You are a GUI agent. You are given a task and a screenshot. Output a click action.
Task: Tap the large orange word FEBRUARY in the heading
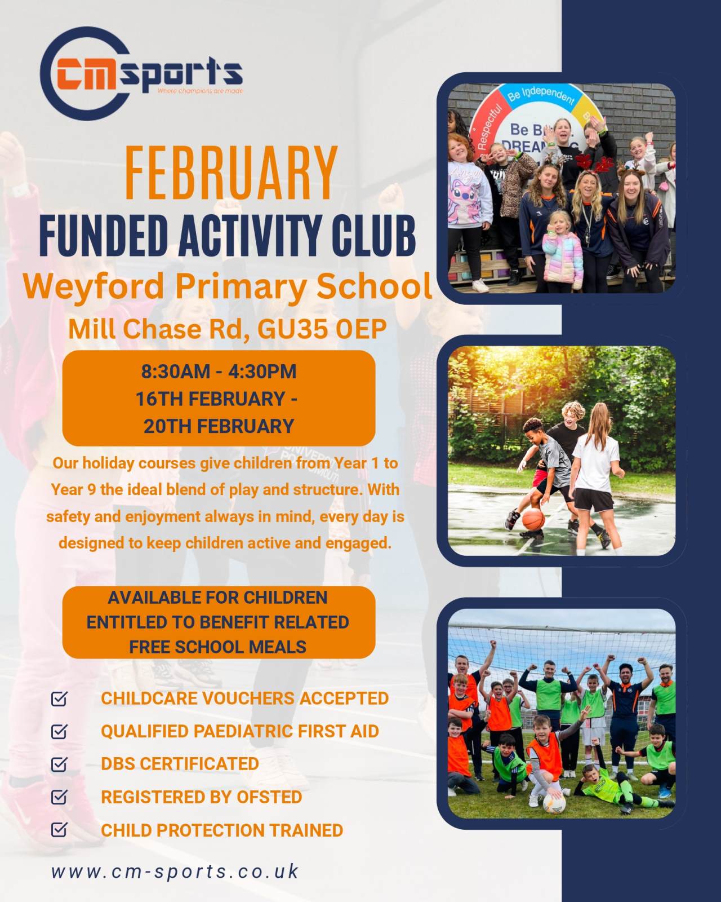[232, 173]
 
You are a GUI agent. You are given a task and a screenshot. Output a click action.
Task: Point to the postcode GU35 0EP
[322, 329]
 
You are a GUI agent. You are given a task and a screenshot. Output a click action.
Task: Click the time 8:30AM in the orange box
[176, 372]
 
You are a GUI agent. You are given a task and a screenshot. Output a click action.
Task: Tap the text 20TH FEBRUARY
[219, 426]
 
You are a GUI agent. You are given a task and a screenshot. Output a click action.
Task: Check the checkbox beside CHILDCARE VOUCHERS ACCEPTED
[59, 698]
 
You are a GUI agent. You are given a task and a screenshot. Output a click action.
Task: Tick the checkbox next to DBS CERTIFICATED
[59, 764]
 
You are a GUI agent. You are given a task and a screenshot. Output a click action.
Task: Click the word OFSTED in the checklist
[269, 797]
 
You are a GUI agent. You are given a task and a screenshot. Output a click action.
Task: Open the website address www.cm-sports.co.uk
[175, 872]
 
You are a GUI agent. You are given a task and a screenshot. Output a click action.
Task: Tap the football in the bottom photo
[554, 804]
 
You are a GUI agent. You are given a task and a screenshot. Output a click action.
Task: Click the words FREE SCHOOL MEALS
[218, 647]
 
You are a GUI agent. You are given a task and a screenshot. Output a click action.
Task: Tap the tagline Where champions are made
[200, 91]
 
